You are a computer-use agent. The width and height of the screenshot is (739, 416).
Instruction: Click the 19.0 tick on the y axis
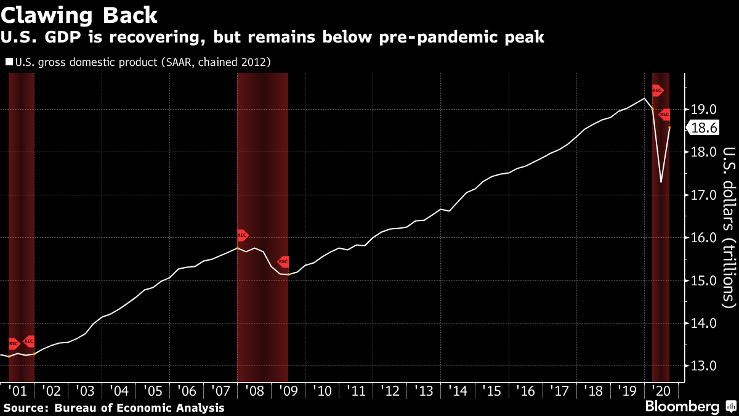point(703,110)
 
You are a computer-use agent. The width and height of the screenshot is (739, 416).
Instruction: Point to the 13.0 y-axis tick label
point(703,365)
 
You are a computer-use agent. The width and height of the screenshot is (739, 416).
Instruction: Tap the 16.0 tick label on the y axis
point(703,238)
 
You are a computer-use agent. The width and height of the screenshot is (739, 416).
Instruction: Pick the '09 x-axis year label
point(287,391)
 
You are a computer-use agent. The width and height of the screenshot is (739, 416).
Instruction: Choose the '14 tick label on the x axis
point(457,391)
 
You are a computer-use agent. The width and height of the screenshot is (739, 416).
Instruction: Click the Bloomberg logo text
point(682,407)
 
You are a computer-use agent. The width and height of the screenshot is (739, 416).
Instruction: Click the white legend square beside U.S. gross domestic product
point(9,62)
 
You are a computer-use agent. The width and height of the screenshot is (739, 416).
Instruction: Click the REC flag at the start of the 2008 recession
point(242,235)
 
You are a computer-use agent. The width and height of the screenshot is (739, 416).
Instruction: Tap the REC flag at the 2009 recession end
point(283,261)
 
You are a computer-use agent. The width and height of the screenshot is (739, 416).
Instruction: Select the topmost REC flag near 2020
point(657,91)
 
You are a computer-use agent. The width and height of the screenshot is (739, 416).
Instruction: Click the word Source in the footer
point(26,407)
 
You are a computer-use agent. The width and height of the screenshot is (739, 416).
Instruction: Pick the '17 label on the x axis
point(558,391)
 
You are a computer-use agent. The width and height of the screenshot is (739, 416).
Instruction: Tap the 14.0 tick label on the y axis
point(703,323)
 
